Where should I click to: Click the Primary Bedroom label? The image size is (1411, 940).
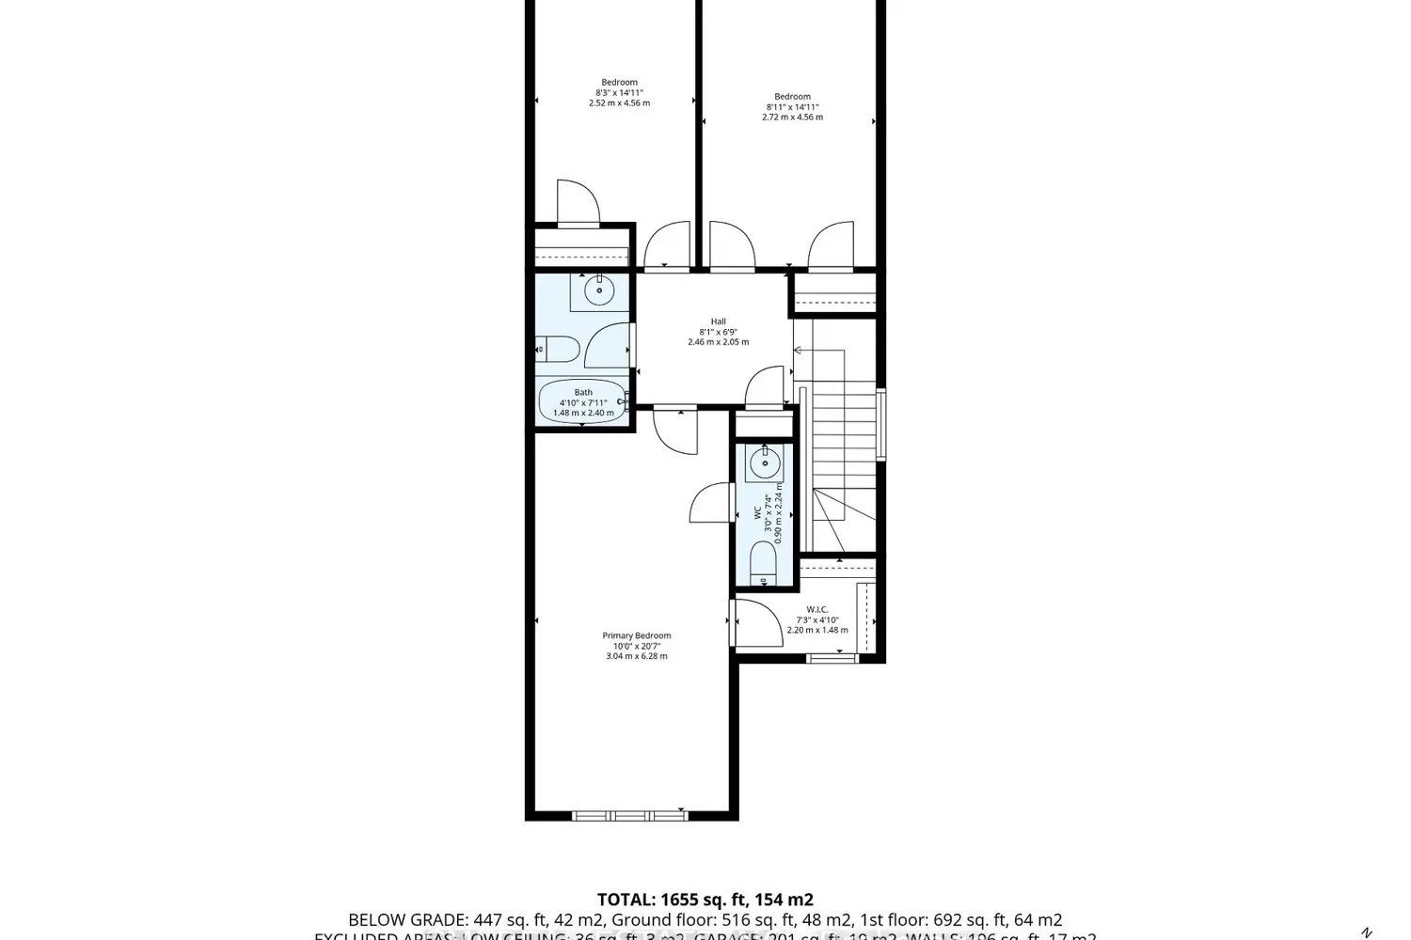tap(637, 636)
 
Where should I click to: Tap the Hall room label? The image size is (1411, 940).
tap(718, 321)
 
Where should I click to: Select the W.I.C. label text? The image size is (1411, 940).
tap(816, 609)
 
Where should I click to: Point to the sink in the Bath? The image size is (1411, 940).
tap(598, 291)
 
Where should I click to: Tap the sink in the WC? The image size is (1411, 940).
tap(764, 462)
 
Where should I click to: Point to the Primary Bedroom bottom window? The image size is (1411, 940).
tap(629, 815)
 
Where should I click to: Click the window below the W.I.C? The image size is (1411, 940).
tap(832, 658)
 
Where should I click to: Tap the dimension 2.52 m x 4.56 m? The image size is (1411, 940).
tap(619, 103)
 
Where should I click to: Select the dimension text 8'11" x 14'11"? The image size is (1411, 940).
tap(792, 107)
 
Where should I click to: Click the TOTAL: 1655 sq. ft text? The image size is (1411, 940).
tap(705, 900)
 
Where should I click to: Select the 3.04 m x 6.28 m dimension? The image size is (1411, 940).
tap(637, 656)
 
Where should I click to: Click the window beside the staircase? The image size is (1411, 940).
tap(881, 424)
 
